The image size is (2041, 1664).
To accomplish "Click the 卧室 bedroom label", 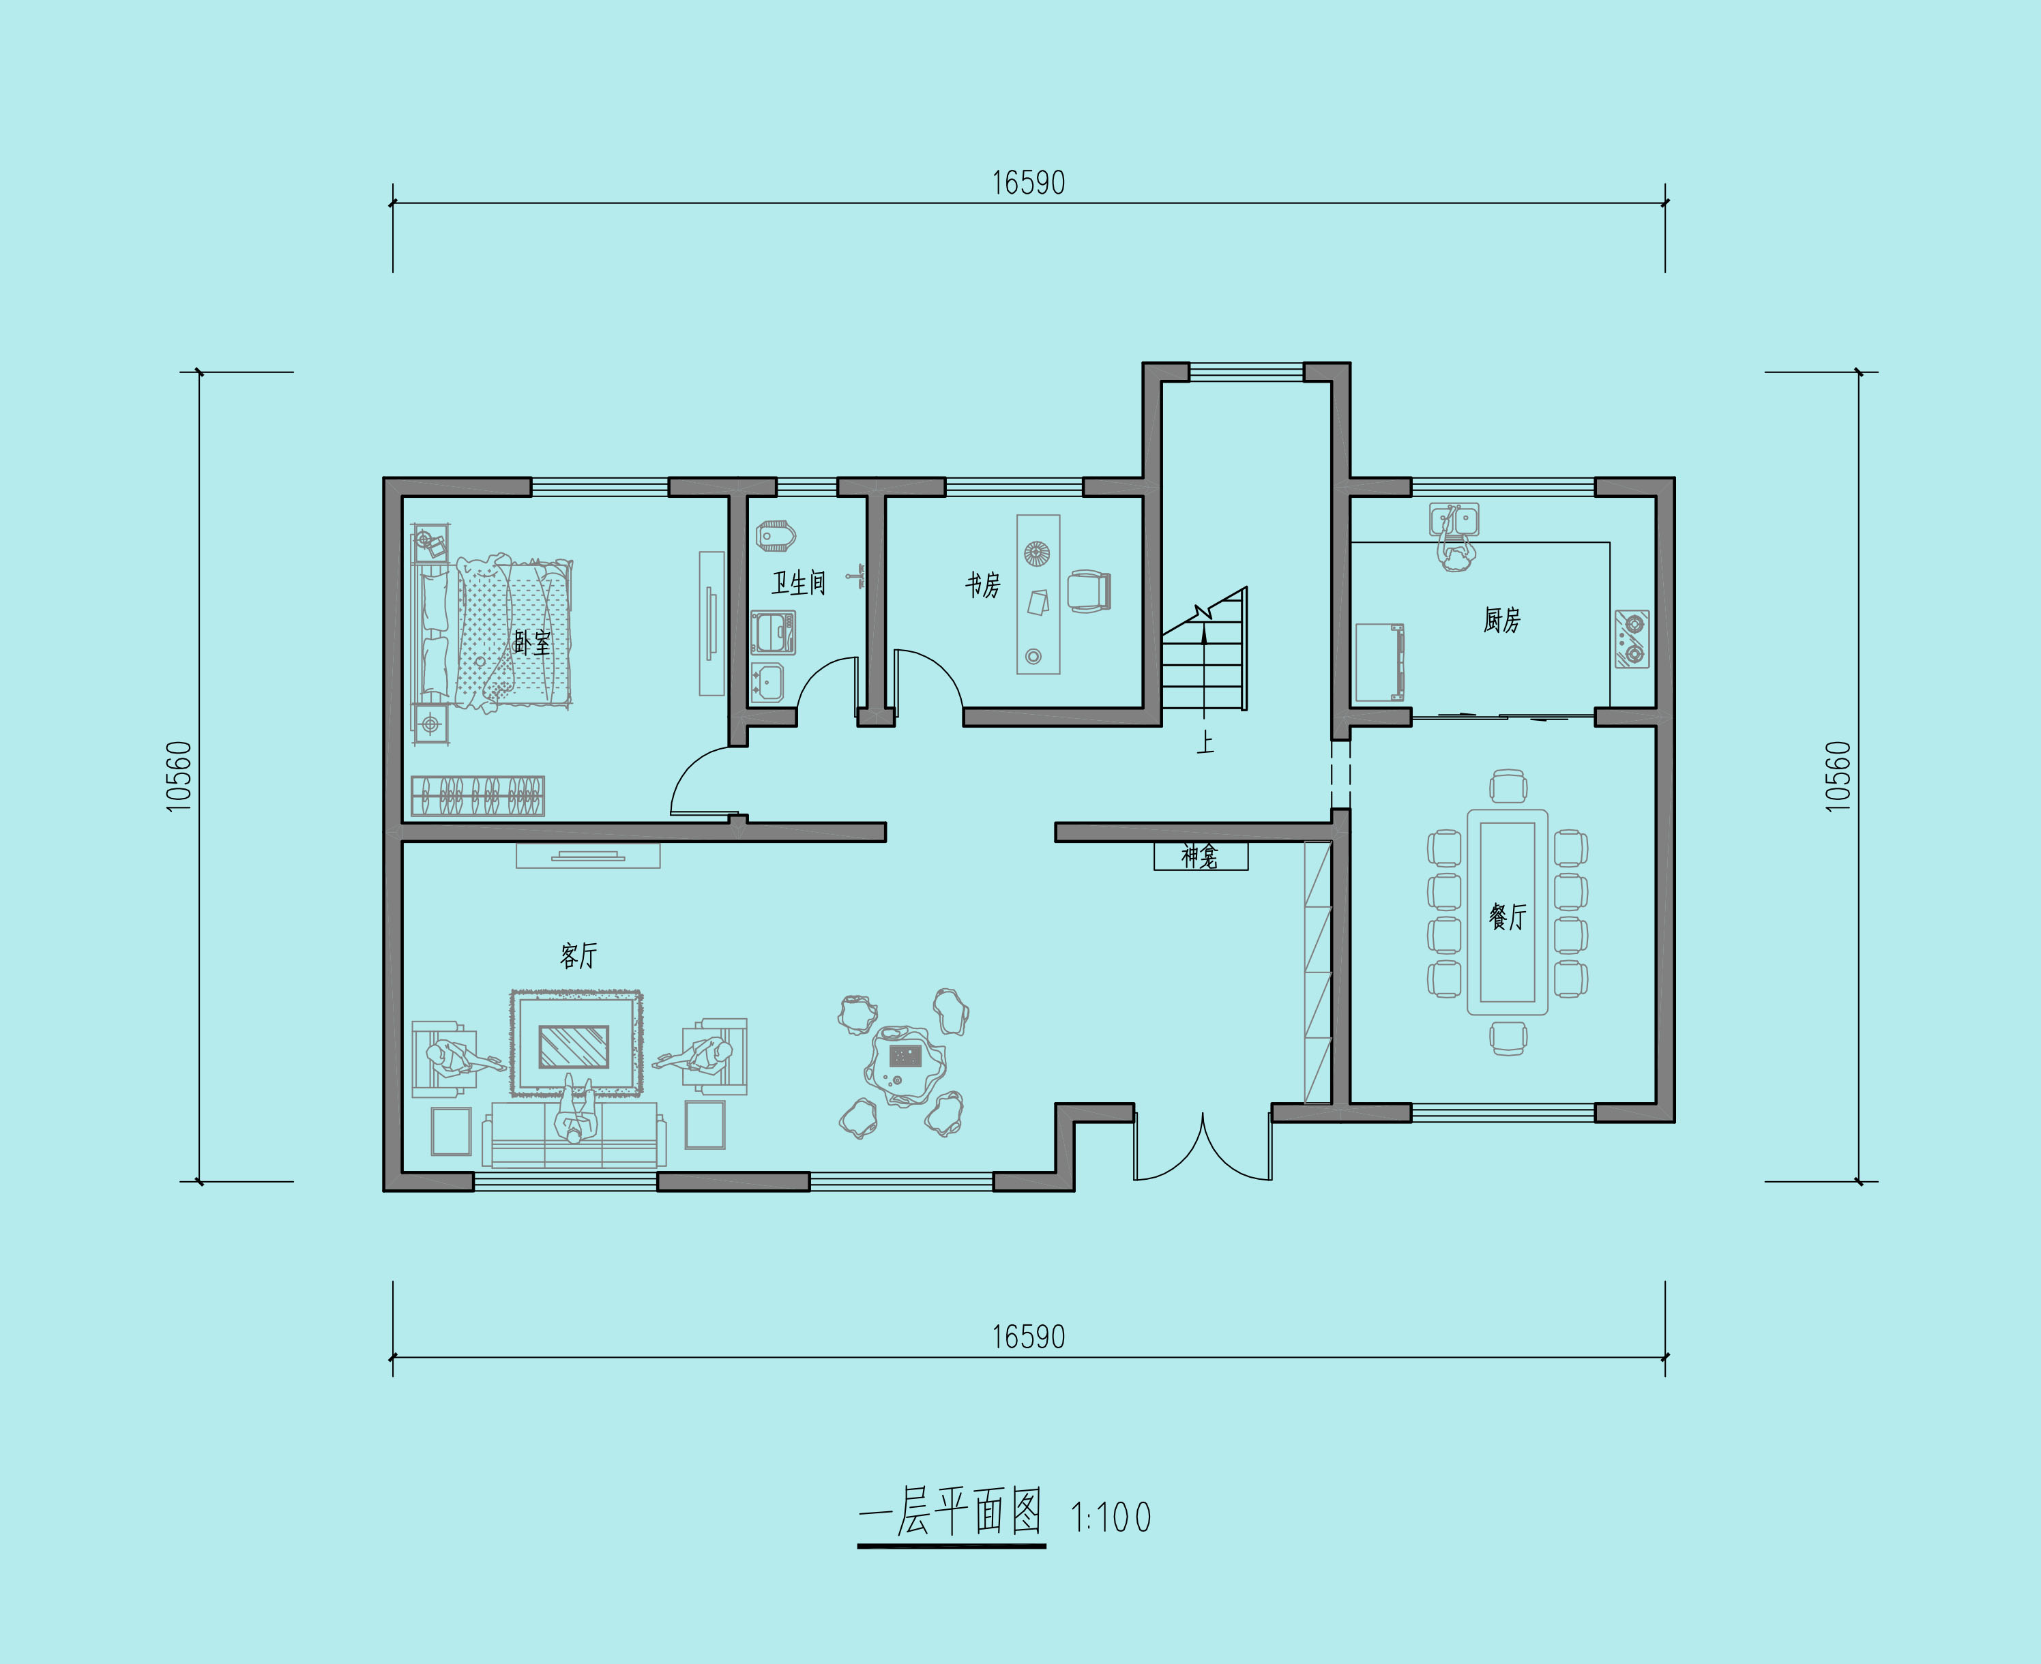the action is (532, 642).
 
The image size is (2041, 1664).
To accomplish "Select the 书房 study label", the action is (982, 584).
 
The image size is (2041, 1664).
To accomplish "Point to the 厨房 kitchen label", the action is (1501, 620).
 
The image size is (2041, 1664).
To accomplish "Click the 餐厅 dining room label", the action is (1507, 917).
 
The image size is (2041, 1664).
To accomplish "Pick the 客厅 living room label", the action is (578, 955).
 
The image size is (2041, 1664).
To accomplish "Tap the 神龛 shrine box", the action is (1201, 855).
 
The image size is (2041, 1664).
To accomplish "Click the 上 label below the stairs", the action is (1205, 742).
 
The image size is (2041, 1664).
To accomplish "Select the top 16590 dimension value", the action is (1028, 183).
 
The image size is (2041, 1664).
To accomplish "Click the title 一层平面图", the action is (951, 1513).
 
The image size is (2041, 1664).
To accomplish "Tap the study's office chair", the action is (1089, 591).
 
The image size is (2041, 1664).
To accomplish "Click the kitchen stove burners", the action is (1632, 639).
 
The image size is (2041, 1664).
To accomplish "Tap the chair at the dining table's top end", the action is (1508, 786).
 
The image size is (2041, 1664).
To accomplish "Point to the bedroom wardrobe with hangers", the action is (478, 796).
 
